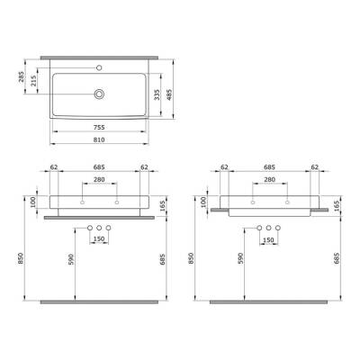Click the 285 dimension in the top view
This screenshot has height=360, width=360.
(x=22, y=84)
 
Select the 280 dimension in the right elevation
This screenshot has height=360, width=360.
(x=269, y=180)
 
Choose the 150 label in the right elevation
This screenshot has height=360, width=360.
(x=268, y=240)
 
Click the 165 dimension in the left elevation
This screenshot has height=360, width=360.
(x=161, y=207)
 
